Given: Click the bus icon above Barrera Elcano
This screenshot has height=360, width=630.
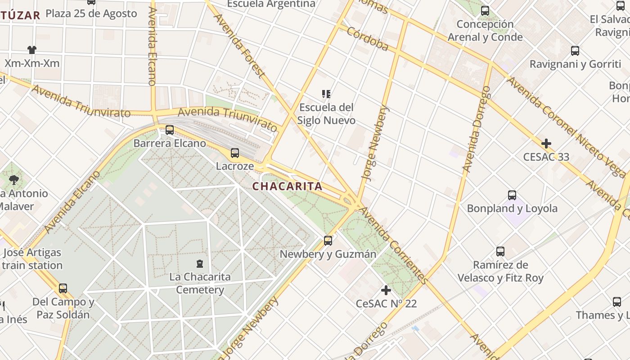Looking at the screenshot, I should click(x=170, y=130).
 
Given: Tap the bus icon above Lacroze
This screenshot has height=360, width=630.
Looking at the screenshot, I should click(x=234, y=153).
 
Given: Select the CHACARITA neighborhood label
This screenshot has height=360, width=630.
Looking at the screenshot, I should click(x=287, y=186).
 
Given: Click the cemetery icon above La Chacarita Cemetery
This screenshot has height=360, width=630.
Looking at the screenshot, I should click(x=200, y=264).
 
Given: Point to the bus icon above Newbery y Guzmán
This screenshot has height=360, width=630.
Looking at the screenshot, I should click(x=328, y=241).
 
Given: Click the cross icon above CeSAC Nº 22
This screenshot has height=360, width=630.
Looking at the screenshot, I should click(x=386, y=290).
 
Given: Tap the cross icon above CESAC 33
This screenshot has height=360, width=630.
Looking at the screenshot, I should click(x=546, y=144).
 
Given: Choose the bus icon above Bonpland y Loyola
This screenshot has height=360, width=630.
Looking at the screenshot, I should click(x=512, y=195).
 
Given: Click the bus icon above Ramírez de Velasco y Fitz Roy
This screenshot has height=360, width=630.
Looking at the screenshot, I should click(x=500, y=252).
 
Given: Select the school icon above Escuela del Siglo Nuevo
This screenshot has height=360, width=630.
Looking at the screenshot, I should click(x=326, y=94).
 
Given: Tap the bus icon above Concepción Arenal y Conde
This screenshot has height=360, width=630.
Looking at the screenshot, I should click(x=485, y=11).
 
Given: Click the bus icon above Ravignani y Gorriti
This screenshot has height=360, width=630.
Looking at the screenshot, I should click(x=575, y=51).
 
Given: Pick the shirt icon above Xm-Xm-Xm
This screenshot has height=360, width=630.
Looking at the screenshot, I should click(x=31, y=50).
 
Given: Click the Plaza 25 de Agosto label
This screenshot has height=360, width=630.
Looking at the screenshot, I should click(x=91, y=13).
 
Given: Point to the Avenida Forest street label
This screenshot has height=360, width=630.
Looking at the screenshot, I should click(x=238, y=45).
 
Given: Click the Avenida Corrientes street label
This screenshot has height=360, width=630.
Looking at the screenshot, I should click(x=393, y=245).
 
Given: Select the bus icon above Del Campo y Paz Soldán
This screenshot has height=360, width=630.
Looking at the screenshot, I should click(x=63, y=288).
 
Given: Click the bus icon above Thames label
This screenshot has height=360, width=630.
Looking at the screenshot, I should click(x=617, y=302).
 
